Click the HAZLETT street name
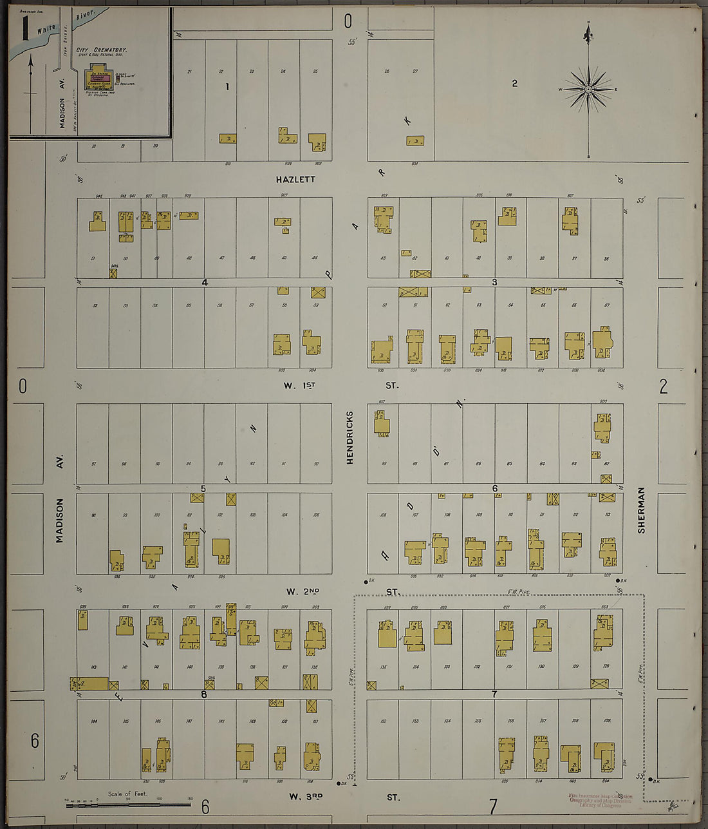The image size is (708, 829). (x=295, y=179)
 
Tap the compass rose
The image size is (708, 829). (x=588, y=90)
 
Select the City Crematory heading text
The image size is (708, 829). (x=101, y=50)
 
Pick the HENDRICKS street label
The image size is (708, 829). (x=350, y=437)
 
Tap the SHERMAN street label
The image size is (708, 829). (x=641, y=510)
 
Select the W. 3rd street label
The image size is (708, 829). (x=304, y=797)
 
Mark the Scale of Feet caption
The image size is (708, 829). (x=127, y=794)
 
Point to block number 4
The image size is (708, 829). (x=205, y=282)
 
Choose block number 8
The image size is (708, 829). (x=204, y=694)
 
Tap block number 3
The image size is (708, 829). (x=494, y=282)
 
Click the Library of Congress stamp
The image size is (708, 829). (x=600, y=801)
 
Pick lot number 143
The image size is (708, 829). (x=93, y=667)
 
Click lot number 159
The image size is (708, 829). (x=607, y=720)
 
